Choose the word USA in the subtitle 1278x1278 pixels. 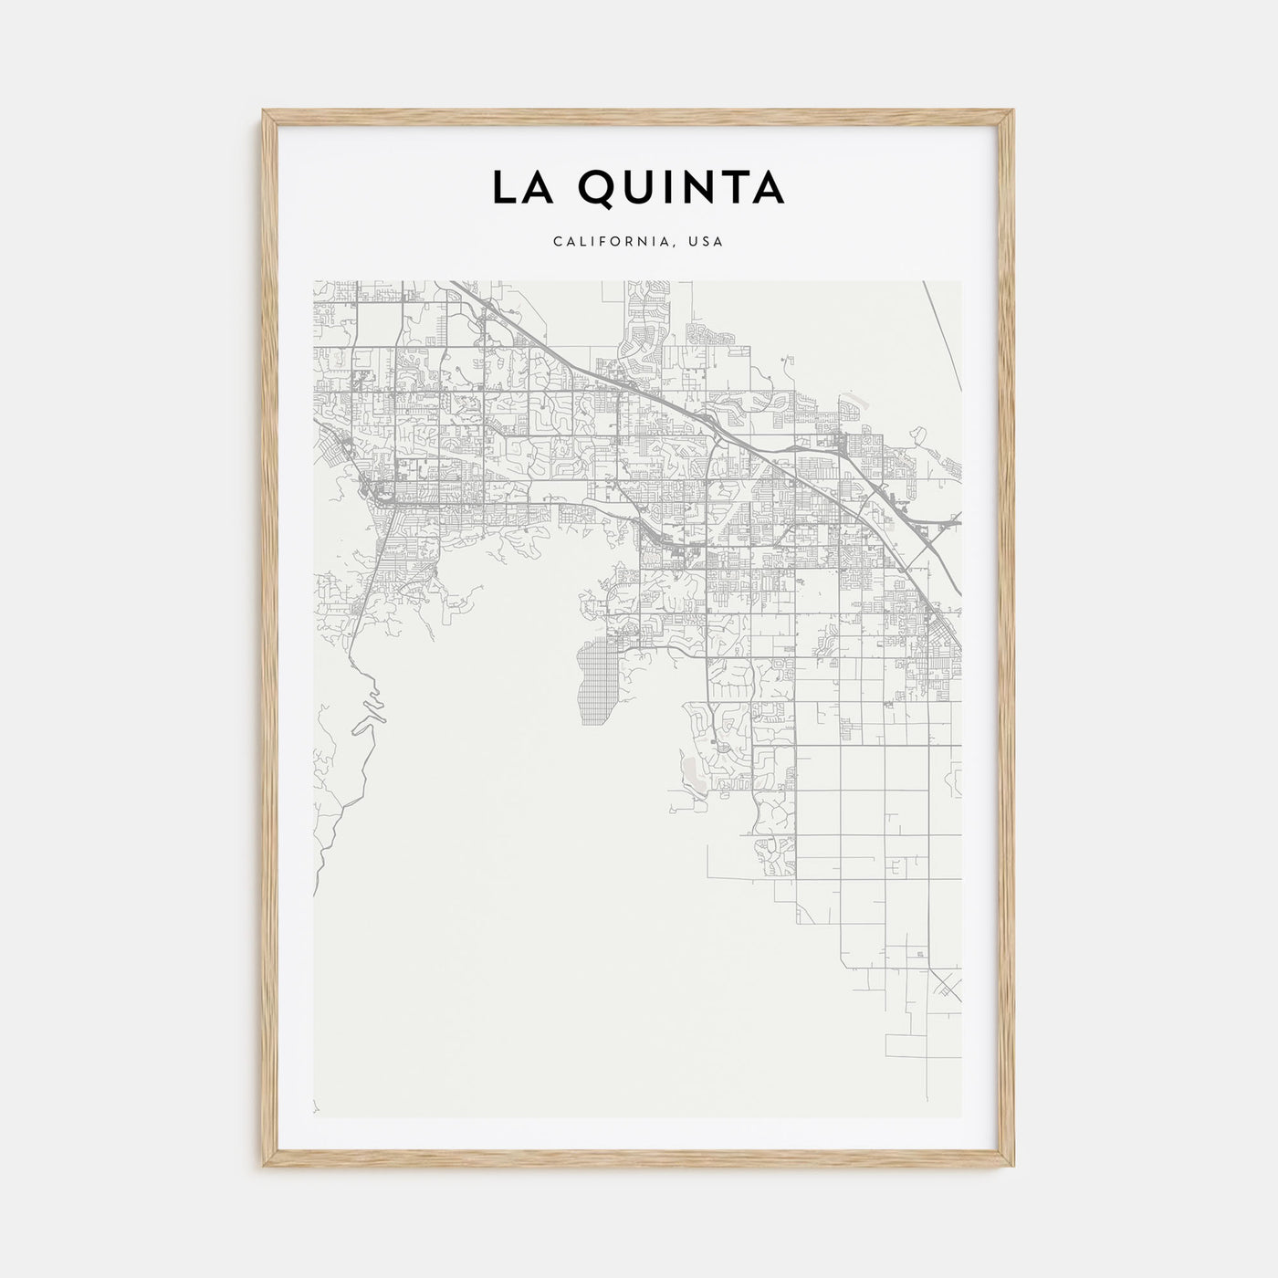click(x=707, y=242)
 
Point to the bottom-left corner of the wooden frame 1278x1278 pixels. click(x=265, y=1166)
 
